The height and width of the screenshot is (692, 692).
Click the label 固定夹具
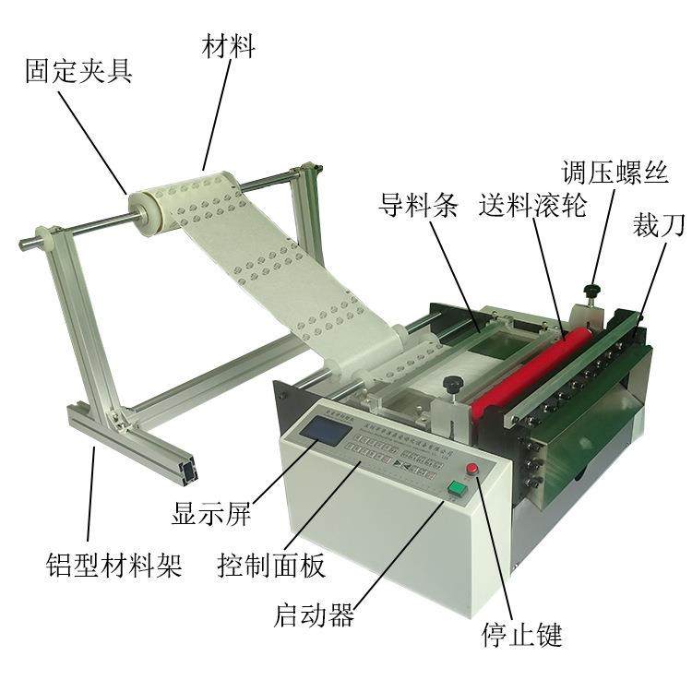pos(78,71)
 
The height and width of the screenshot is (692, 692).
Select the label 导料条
pos(418,205)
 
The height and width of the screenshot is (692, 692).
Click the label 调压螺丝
pos(628,172)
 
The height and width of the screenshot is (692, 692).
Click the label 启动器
pos(315,616)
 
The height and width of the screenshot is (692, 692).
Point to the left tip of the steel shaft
pos(24,245)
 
